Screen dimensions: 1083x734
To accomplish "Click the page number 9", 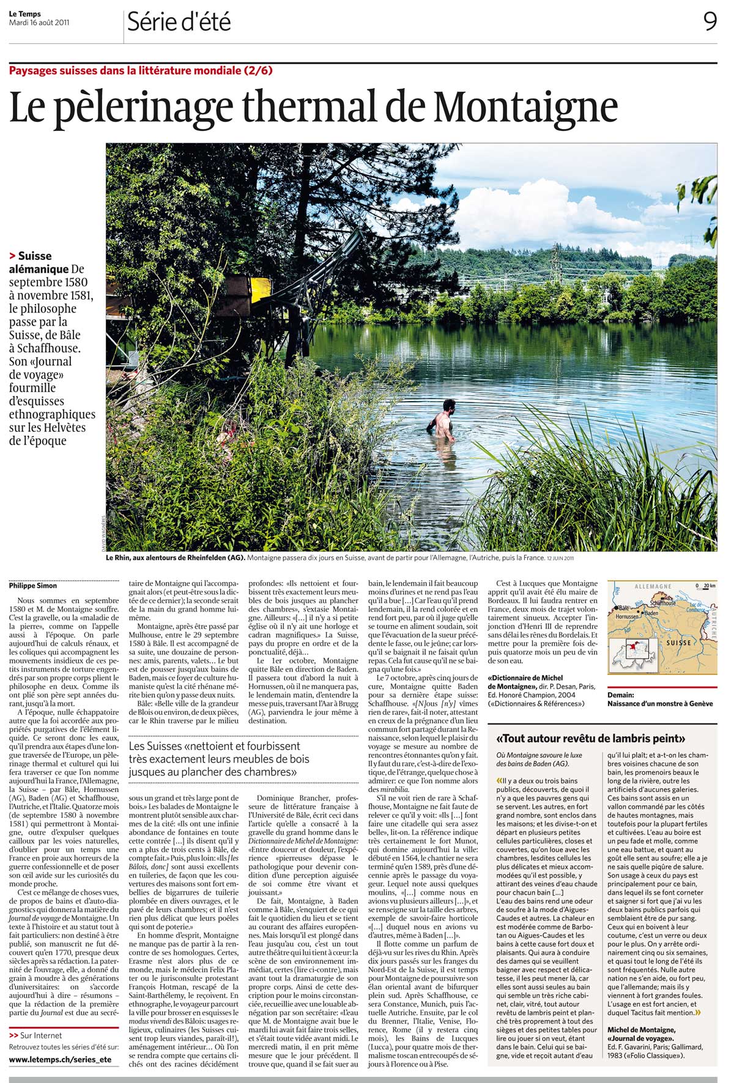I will (x=710, y=22).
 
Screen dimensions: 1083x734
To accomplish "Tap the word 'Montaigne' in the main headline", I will (x=525, y=108).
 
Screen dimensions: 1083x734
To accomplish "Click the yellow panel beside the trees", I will (x=260, y=286).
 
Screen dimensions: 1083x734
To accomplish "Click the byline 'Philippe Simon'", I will (x=33, y=585).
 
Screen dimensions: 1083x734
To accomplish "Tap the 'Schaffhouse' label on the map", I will (x=662, y=602).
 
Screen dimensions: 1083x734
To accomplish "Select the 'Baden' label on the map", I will (x=651, y=613).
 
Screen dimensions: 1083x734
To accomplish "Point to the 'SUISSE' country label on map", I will (x=678, y=643).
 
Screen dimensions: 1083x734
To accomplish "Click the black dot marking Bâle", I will (x=617, y=608).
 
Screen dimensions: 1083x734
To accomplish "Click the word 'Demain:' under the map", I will (x=621, y=695).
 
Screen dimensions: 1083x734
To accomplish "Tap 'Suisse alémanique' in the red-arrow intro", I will (x=37, y=262).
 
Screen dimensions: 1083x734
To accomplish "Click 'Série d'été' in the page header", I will (x=179, y=23).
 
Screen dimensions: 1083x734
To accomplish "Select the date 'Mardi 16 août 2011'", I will (x=39, y=23).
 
